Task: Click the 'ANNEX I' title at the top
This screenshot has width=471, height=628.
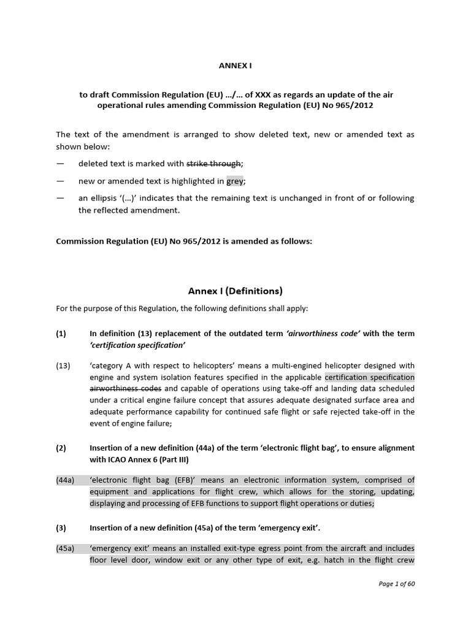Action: pos(235,64)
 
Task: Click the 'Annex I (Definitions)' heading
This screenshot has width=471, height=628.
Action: pos(235,291)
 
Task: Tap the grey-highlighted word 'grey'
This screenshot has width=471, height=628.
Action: pos(235,181)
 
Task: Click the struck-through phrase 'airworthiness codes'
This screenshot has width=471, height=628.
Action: pos(126,389)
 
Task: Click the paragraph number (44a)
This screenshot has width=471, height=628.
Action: pos(65,480)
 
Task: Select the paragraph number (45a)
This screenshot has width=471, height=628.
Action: pos(65,548)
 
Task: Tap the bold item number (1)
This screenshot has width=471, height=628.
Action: pos(61,334)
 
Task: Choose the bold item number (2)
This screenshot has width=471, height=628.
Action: pos(61,448)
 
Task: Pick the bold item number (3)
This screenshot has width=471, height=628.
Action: pos(61,527)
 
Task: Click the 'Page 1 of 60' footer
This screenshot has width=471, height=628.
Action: pos(396,584)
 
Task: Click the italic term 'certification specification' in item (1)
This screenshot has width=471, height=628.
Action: pos(138,345)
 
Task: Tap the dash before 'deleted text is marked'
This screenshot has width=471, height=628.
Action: pos(59,164)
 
